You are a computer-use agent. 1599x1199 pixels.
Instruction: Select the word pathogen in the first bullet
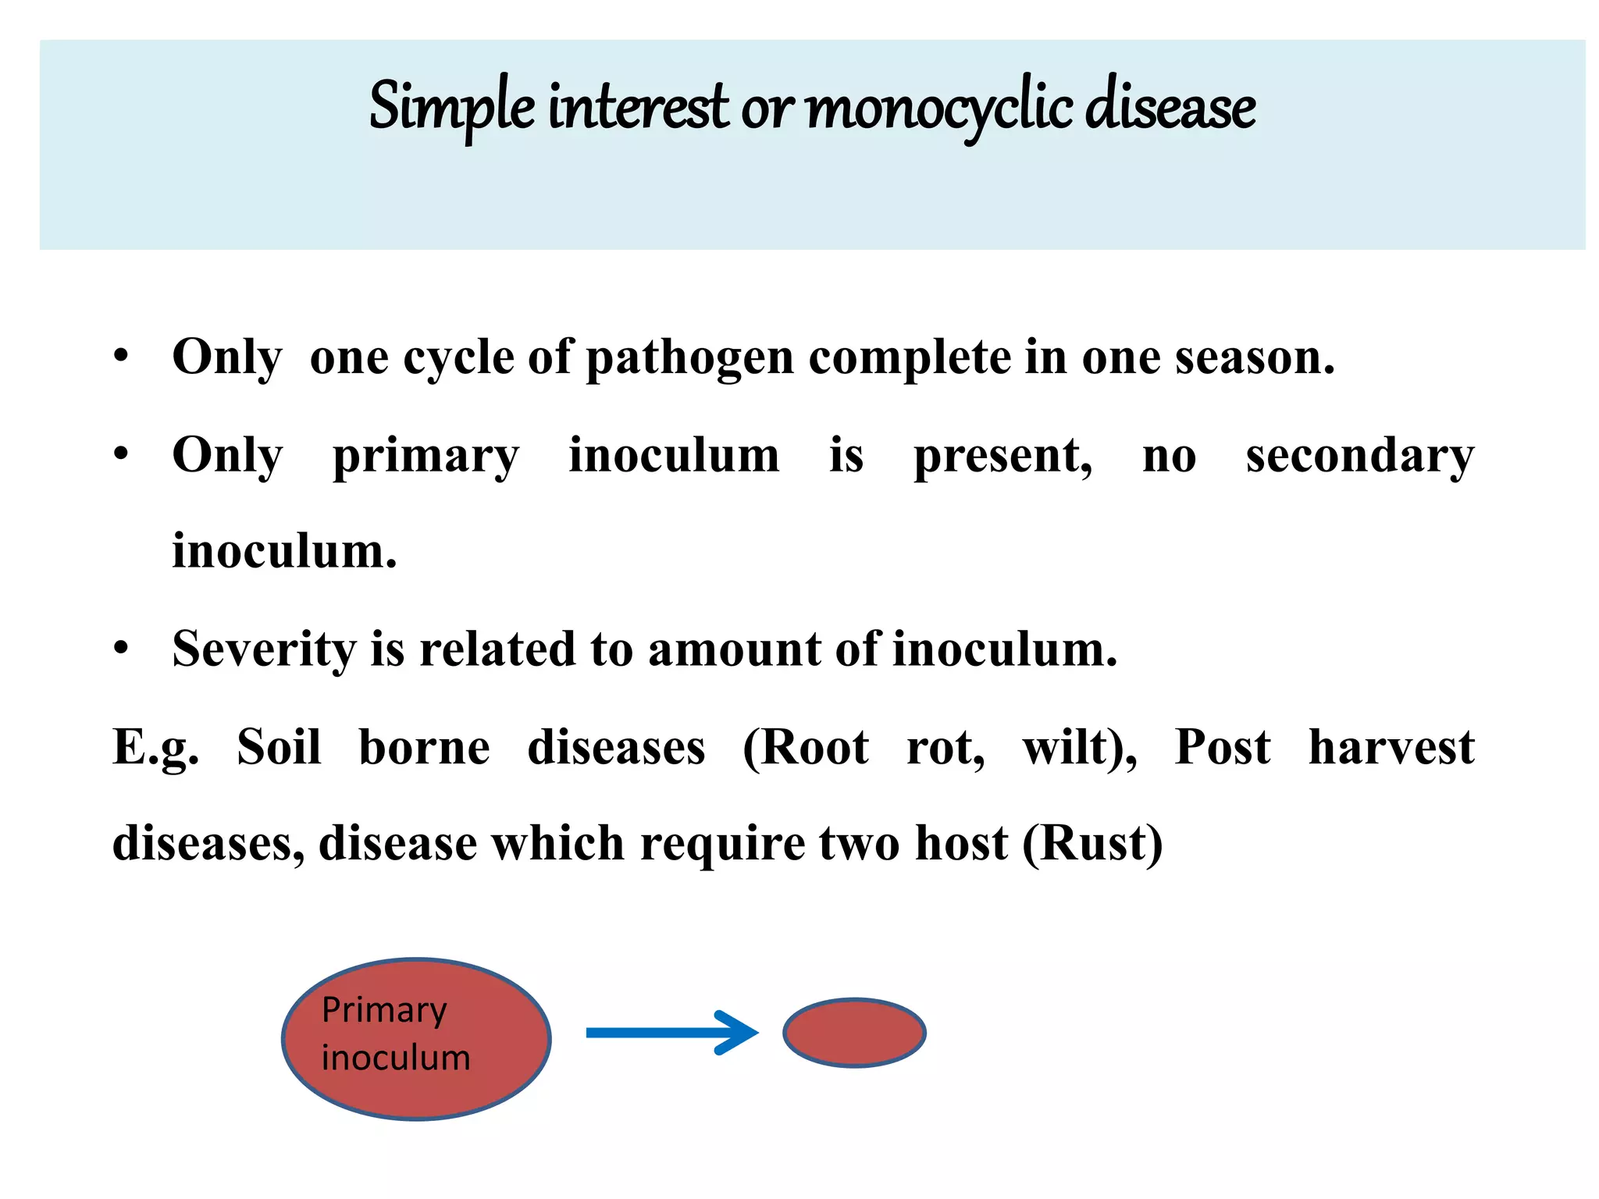(x=689, y=358)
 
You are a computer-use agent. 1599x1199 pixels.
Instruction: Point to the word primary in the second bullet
(x=426, y=457)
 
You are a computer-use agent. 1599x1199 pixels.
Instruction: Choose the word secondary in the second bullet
(x=1359, y=457)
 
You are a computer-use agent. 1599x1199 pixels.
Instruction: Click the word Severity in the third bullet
(x=264, y=649)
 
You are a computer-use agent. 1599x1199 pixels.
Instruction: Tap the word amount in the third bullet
(x=734, y=649)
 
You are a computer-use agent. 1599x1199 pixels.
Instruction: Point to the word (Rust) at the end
(x=1092, y=844)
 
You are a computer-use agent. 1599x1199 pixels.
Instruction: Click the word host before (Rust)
(x=961, y=844)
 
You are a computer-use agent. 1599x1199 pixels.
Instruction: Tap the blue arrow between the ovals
(x=671, y=1033)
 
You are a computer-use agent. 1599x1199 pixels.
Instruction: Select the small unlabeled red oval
(x=854, y=1033)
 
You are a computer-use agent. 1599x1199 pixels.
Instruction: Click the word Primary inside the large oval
(x=384, y=1010)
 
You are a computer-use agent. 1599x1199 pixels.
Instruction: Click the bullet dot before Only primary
(x=120, y=454)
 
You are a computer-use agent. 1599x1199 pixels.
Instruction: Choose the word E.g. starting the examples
(x=155, y=749)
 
